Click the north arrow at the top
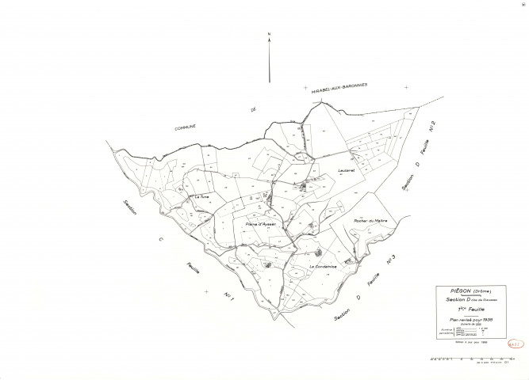[270, 59]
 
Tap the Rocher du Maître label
[365, 221]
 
